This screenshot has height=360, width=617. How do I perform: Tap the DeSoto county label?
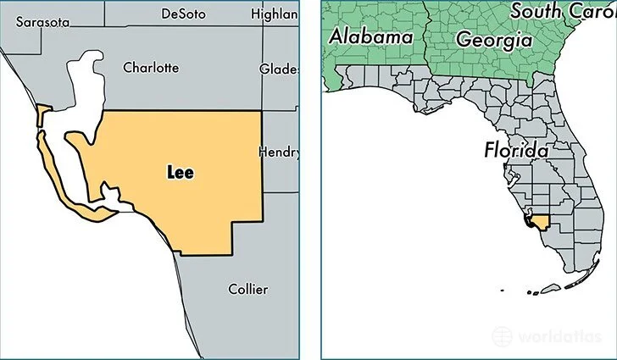coord(184,14)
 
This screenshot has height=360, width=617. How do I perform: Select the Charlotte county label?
coord(151,67)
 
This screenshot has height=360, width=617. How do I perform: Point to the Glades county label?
coord(279,68)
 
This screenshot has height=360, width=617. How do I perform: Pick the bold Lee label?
coord(179,172)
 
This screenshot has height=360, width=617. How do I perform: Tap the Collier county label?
coord(247,289)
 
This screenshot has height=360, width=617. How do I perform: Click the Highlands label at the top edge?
coord(275,14)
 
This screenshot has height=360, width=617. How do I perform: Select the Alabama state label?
coord(370,36)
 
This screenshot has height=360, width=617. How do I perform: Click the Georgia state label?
coord(493,39)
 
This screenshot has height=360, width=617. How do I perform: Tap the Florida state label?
coord(515,151)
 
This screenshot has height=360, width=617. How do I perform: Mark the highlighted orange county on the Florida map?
coord(541,221)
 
